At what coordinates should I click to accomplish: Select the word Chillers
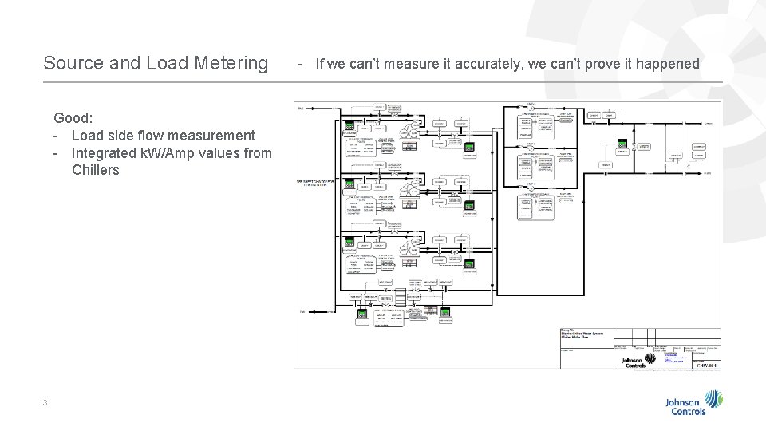pyautogui.click(x=95, y=170)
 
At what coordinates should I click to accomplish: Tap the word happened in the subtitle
pyautogui.click(x=665, y=63)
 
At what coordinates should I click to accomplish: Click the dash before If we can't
pyautogui.click(x=299, y=63)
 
